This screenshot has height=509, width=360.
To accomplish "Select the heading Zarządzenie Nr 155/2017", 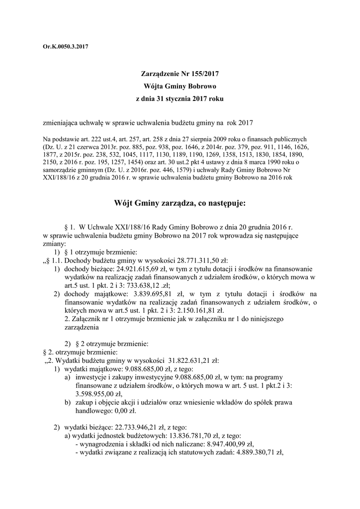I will (x=180, y=74).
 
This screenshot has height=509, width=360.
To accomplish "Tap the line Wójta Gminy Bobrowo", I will (x=180, y=86).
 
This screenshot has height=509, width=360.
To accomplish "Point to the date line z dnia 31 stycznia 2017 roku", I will (x=180, y=98).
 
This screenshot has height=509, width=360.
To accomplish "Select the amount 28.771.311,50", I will (x=194, y=261).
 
